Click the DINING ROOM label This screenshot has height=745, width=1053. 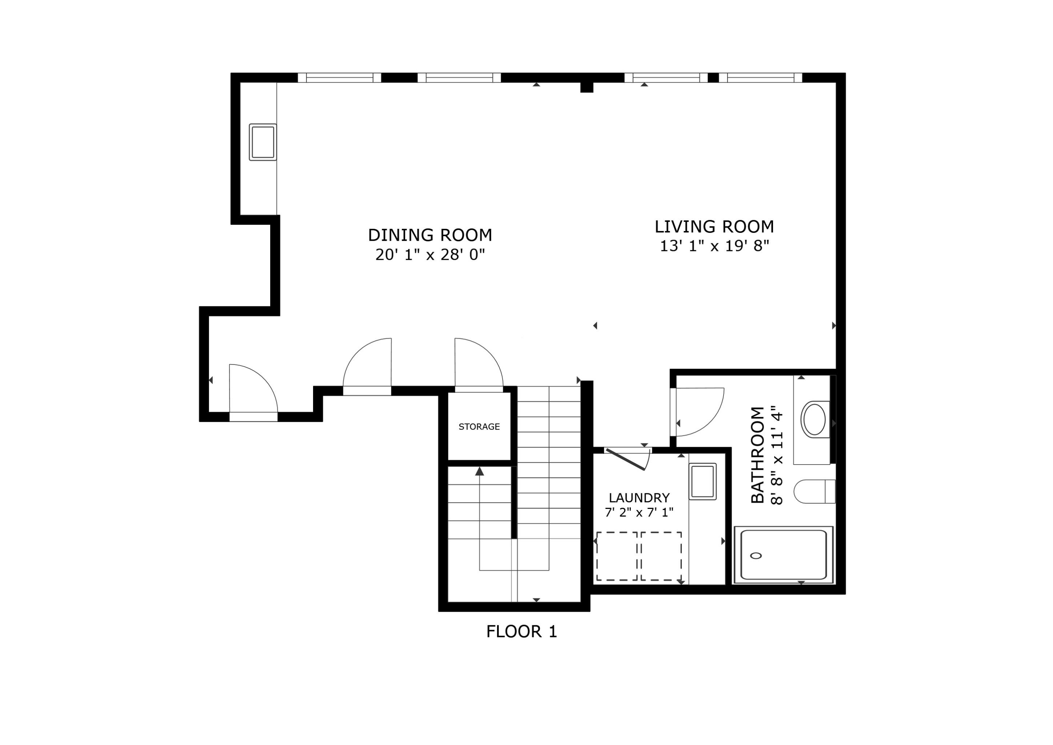[x=430, y=235]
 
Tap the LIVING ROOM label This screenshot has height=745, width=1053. [x=714, y=227]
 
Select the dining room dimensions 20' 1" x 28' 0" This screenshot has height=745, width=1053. [x=430, y=255]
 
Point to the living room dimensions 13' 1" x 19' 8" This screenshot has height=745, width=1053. [x=714, y=246]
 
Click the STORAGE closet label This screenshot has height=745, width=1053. [x=479, y=427]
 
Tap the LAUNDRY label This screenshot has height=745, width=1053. [x=639, y=498]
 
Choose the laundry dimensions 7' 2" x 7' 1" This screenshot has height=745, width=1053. [x=639, y=513]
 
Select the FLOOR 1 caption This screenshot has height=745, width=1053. [x=521, y=632]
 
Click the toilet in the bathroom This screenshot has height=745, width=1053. [x=814, y=491]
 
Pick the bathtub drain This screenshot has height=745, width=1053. [x=756, y=556]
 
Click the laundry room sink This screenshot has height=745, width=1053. [x=702, y=481]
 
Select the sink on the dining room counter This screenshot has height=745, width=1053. [x=263, y=142]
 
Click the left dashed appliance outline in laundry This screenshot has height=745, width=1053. [x=617, y=557]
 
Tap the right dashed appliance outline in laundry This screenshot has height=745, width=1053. [x=661, y=557]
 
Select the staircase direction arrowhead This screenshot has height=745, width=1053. [x=480, y=471]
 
